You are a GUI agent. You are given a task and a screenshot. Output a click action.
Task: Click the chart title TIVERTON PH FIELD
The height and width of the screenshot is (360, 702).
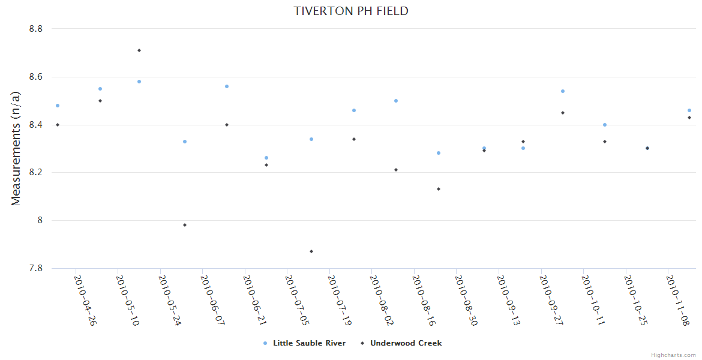point(351,11)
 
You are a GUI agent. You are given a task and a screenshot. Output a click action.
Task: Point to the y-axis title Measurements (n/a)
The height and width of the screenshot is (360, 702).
point(16,149)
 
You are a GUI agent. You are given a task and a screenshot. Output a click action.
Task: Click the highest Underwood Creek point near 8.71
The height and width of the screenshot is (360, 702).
point(139,50)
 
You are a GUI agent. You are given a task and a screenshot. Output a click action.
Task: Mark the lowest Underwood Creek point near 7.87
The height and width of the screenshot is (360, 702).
point(311,251)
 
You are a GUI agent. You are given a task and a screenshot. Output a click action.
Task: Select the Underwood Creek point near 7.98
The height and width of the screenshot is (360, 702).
point(185,225)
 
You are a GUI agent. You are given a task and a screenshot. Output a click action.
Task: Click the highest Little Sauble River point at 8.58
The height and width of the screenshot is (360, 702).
point(139,82)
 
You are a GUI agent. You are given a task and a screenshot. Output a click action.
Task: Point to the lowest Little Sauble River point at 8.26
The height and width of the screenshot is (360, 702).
point(266,158)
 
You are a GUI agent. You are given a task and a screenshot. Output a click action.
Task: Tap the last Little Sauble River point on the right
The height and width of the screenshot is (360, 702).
point(689,110)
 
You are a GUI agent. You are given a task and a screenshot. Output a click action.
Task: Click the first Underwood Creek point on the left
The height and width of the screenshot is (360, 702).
point(58,125)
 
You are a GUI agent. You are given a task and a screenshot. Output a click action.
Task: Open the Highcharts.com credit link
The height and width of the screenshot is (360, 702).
point(673,355)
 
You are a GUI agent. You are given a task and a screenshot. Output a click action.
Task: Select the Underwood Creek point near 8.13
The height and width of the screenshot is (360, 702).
point(439,189)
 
